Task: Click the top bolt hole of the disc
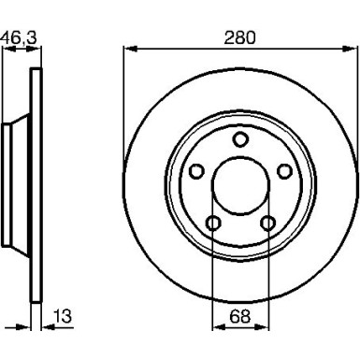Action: (x=240, y=140)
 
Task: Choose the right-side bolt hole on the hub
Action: (x=281, y=170)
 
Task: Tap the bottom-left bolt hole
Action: (x=215, y=223)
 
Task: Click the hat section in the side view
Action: (x=11, y=182)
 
